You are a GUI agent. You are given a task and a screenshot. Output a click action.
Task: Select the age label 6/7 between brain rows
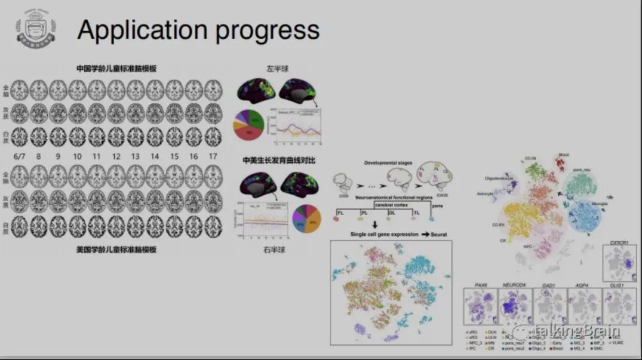click(x=19, y=156)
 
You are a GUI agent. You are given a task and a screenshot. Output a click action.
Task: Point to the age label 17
click(x=213, y=156)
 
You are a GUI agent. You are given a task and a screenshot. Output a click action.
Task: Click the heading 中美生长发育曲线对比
click(x=278, y=161)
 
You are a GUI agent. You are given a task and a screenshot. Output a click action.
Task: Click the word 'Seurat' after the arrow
click(x=438, y=235)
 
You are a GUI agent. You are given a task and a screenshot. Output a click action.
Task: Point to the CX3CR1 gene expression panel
click(x=621, y=263)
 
